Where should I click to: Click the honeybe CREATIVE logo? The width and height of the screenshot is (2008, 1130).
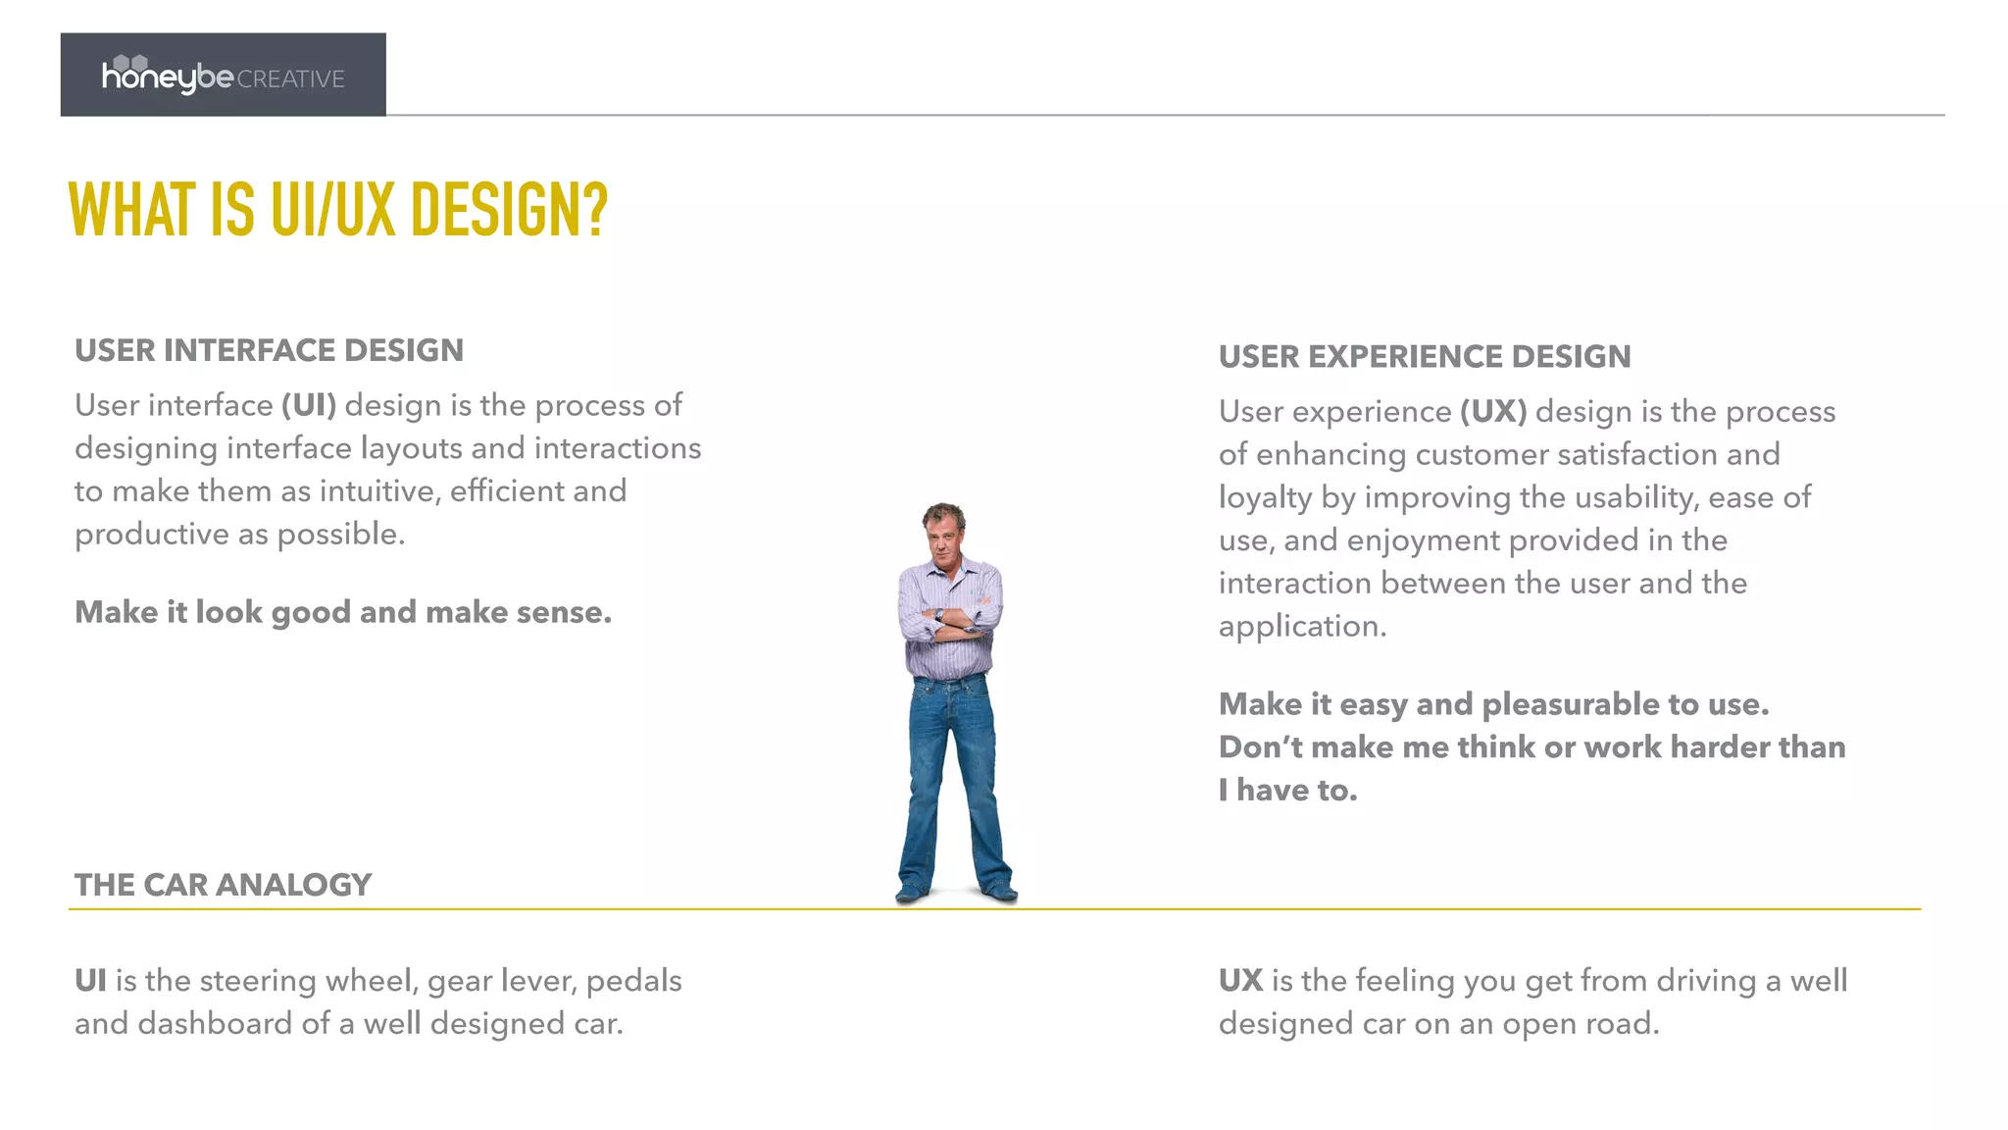(223, 76)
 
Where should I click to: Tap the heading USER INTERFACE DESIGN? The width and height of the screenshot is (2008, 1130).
(269, 350)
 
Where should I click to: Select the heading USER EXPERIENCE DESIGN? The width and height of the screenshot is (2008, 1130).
(1424, 356)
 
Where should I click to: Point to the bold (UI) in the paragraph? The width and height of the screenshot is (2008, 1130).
(309, 405)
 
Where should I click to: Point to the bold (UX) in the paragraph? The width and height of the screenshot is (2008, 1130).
(1492, 411)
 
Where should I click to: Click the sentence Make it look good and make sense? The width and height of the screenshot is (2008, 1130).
(343, 612)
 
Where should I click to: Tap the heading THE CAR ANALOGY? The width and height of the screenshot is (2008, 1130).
(223, 885)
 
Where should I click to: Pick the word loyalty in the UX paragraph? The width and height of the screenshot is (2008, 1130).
(1264, 498)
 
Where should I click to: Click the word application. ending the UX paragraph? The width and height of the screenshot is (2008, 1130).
(1302, 627)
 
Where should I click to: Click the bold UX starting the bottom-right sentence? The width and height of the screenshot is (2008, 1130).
(1239, 981)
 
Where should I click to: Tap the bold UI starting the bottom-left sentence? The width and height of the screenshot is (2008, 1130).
(89, 981)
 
